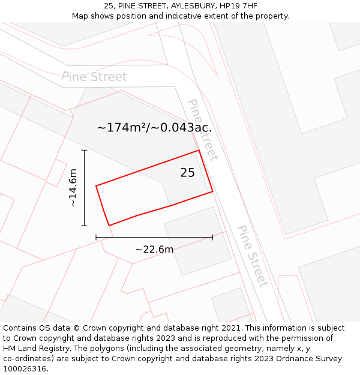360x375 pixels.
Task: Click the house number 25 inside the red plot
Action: coord(187,173)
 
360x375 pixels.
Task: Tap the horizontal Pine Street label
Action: coord(94,77)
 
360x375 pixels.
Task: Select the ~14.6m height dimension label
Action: coord(73,188)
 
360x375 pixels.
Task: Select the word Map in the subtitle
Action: coord(80,16)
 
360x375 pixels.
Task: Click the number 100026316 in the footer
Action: coord(24,369)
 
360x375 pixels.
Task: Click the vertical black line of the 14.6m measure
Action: coord(84,188)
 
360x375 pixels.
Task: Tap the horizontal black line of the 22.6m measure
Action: coord(154,238)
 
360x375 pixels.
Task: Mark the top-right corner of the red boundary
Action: coord(199,151)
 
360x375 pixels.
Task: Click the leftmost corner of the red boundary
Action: coord(96,186)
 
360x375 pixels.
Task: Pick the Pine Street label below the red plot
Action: coord(252,255)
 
